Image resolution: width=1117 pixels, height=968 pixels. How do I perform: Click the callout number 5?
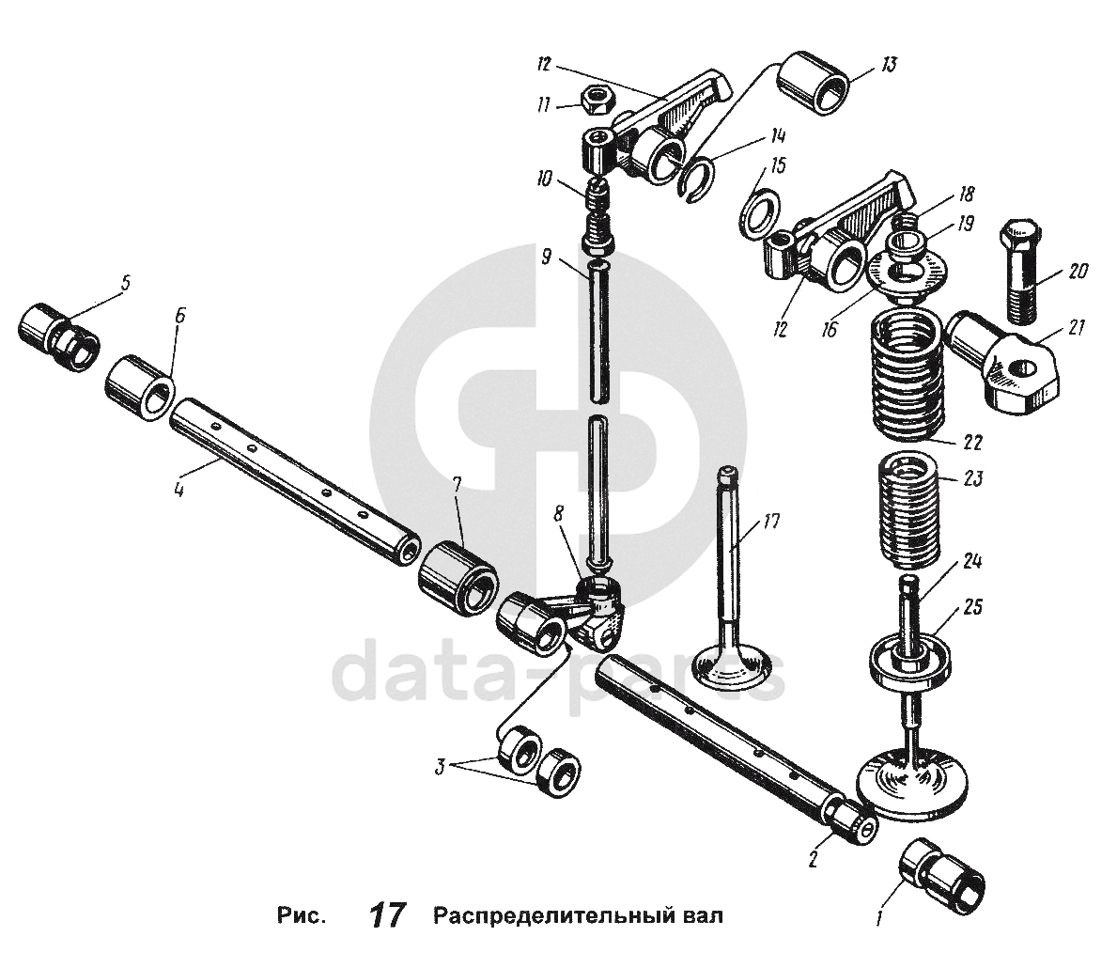coord(124,281)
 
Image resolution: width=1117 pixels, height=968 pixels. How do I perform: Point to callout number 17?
coord(772,519)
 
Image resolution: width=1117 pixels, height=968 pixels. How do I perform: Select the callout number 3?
coord(438,766)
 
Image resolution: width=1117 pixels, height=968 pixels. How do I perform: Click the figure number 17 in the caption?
coord(388,914)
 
